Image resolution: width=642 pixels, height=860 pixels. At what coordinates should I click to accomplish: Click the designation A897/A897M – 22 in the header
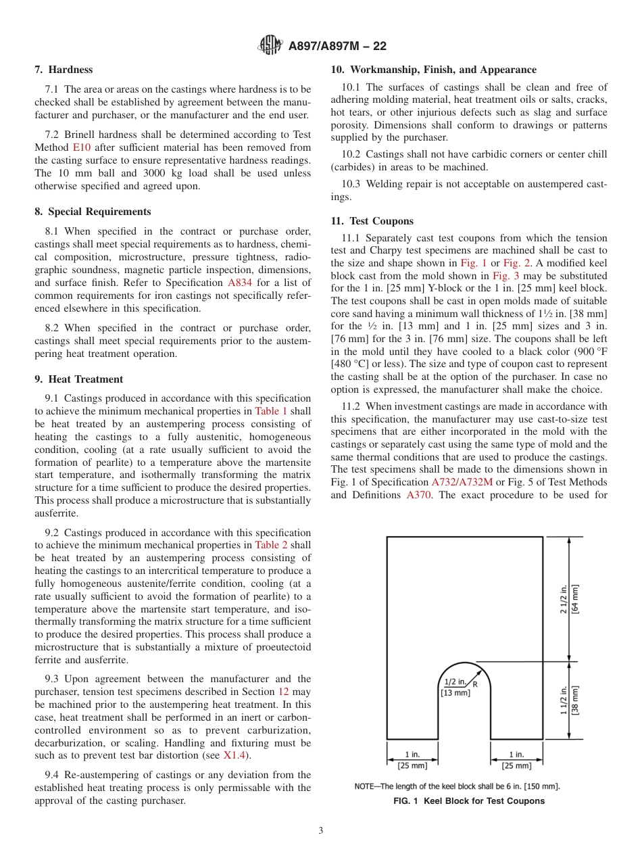pyautogui.click(x=337, y=47)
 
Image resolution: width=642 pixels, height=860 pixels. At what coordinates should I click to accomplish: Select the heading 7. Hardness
pyautogui.click(x=64, y=70)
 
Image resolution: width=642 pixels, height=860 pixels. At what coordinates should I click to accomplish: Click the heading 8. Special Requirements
pyautogui.click(x=93, y=212)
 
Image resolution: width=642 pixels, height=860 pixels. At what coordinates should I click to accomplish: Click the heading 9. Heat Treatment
pyautogui.click(x=78, y=379)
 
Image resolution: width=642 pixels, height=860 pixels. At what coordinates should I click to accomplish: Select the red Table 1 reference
pyautogui.click(x=270, y=411)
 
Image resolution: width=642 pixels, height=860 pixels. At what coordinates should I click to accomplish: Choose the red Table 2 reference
pyautogui.click(x=270, y=545)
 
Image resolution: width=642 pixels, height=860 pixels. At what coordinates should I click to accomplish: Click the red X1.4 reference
pyautogui.click(x=236, y=756)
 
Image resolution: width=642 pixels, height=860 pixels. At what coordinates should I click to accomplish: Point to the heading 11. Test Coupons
pyautogui.click(x=372, y=221)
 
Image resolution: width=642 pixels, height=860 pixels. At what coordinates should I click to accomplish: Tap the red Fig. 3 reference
pyautogui.click(x=505, y=276)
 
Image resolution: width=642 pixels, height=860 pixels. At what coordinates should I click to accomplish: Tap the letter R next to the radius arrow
pyautogui.click(x=474, y=684)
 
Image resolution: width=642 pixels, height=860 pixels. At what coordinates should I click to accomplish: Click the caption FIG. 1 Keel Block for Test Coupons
pyautogui.click(x=469, y=801)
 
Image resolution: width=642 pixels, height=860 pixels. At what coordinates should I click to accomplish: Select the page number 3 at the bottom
pyautogui.click(x=321, y=831)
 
